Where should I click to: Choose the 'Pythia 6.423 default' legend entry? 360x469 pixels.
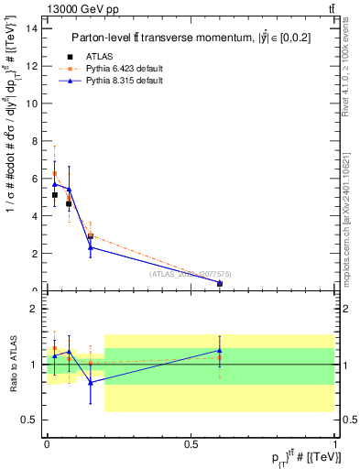123,69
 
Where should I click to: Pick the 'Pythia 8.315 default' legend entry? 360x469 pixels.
123,81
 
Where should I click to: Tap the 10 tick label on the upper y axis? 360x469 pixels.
33,103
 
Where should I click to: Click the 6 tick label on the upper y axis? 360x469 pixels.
35,178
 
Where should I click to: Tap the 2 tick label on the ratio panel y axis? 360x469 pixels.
35,309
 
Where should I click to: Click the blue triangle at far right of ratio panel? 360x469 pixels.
220,350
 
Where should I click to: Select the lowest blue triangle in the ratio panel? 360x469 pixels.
90,382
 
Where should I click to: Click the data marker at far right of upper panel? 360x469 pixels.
220,284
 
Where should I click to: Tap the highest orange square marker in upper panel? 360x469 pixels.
54,173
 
